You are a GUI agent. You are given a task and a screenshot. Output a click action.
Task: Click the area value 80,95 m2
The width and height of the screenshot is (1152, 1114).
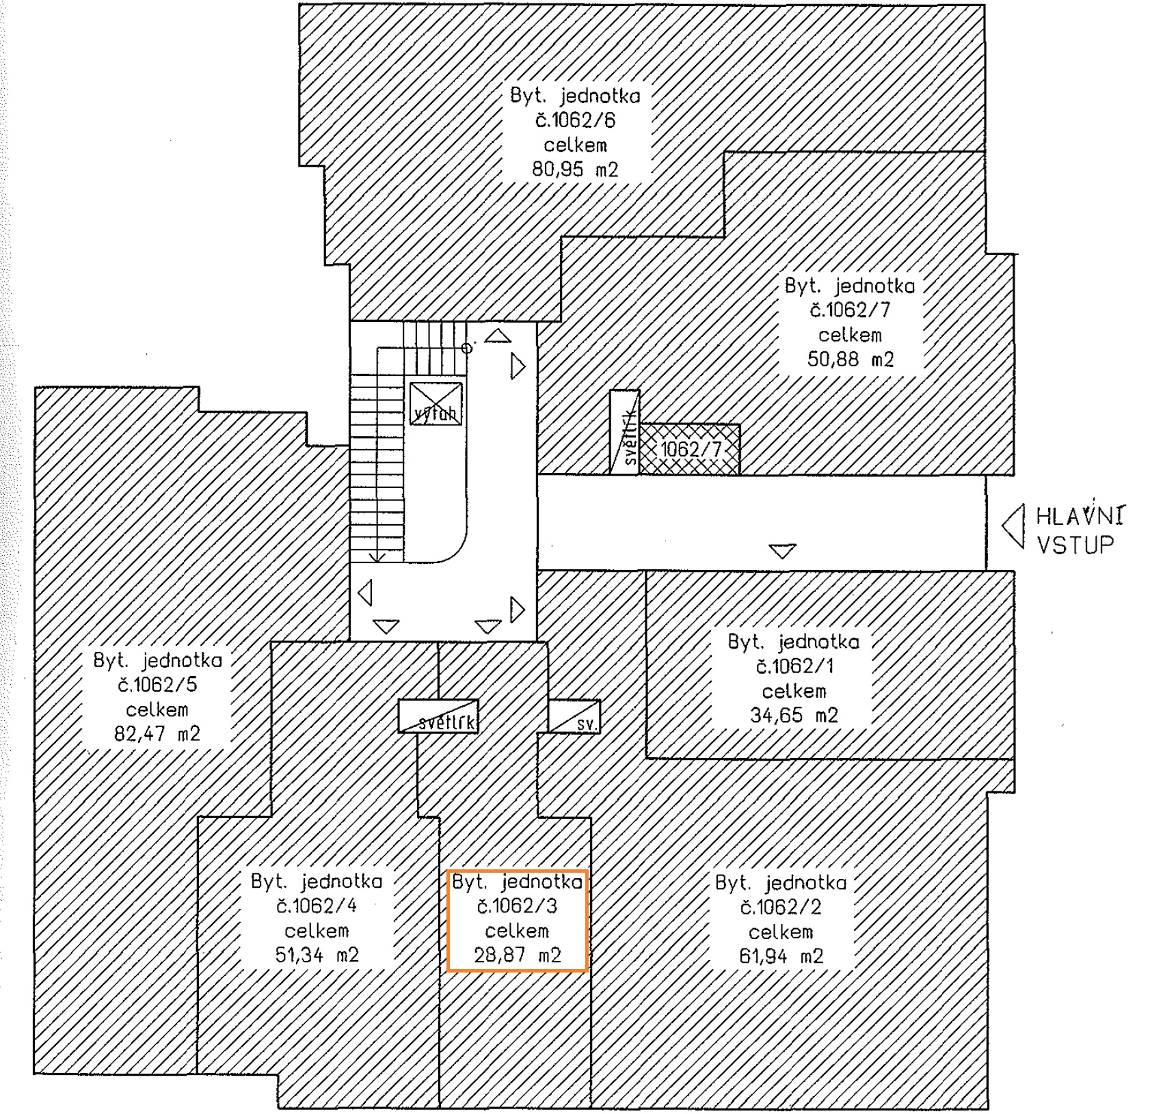pos(575,169)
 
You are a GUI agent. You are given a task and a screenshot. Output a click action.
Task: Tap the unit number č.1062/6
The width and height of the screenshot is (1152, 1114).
pos(575,121)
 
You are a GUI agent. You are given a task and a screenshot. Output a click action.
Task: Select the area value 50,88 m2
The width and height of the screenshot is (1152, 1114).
pos(850,359)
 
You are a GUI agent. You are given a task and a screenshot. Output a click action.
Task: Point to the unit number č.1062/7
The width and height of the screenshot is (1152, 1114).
pos(850,310)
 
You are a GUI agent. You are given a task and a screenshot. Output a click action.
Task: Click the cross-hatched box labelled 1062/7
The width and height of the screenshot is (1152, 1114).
pos(690,449)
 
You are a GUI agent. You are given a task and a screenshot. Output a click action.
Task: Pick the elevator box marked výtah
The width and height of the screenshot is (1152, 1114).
pos(436,404)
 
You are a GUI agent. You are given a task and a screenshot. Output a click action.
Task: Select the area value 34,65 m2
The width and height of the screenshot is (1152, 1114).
pos(793,716)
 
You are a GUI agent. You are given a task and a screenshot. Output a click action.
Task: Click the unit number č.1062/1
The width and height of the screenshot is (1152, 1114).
pos(794,666)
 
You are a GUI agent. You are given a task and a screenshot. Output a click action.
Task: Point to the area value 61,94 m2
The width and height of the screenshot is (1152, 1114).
pos(781,956)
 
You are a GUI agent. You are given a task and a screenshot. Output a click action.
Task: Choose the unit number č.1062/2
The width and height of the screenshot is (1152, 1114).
pos(781,908)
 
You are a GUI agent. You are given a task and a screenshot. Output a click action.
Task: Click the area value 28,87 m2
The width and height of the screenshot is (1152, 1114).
pos(518,955)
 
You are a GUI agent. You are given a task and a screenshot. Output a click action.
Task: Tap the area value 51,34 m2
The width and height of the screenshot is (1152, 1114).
pos(317,955)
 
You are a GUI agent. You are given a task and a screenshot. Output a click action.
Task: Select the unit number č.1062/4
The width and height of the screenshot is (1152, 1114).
pos(317,906)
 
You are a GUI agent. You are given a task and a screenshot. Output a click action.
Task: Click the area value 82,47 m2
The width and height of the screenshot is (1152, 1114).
pos(157,734)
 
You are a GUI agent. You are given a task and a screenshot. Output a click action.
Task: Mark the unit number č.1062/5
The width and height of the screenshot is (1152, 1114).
pos(157,685)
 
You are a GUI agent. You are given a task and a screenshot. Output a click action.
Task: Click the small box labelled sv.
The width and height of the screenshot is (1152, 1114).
pos(575,717)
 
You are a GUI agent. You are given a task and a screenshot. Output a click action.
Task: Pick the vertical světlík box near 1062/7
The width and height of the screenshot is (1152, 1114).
pos(625,432)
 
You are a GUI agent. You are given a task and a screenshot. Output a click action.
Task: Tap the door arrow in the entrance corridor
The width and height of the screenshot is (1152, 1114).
pos(782,550)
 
